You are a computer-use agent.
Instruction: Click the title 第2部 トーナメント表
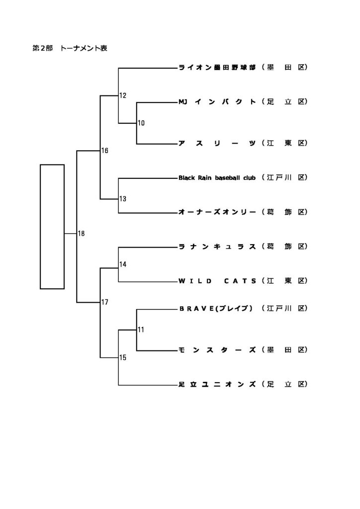pyautogui.click(x=70, y=49)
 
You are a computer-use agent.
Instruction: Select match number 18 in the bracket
pyautogui.click(x=82, y=234)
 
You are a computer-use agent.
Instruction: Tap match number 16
pyautogui.click(x=105, y=151)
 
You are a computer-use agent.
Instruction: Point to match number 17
pyautogui.click(x=105, y=302)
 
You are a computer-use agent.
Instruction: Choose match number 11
pyautogui.click(x=141, y=330)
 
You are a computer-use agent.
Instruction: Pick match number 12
pyautogui.click(x=123, y=95)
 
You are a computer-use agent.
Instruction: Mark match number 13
pyautogui.click(x=123, y=199)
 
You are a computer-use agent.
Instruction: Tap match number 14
pyautogui.click(x=123, y=264)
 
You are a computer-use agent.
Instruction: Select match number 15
pyautogui.click(x=123, y=357)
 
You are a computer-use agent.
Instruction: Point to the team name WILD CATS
pyautogui.click(x=217, y=281)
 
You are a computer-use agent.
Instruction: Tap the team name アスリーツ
pyautogui.click(x=217, y=143)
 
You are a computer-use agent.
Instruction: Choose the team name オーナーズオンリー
pyautogui.click(x=217, y=212)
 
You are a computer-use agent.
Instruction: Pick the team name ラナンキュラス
pyautogui.click(x=217, y=247)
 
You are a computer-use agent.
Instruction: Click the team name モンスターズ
pyautogui.click(x=217, y=350)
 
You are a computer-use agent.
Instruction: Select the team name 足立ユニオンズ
pyautogui.click(x=217, y=384)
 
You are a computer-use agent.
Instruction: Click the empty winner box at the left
pyautogui.click(x=52, y=226)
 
